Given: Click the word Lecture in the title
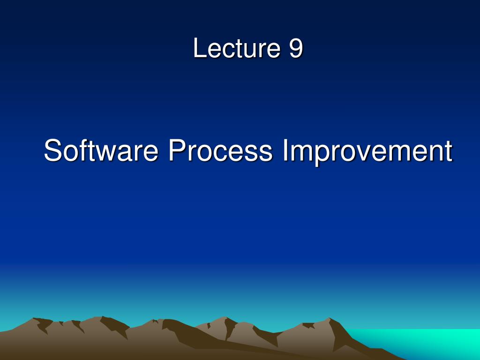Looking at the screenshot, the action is point(237,48).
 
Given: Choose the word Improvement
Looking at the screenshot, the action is point(367,151).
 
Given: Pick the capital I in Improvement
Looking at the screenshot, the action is point(285,150).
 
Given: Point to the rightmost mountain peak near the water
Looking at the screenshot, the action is point(330,318).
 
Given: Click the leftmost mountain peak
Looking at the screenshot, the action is point(34,319).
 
